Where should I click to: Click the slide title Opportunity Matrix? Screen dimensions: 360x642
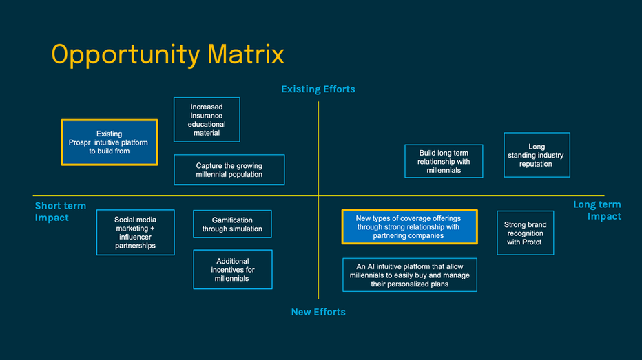pos(167,54)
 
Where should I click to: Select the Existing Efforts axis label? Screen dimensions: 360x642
pos(318,89)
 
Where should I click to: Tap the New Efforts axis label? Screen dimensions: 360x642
pos(318,312)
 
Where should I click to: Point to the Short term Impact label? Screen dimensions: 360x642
pos(61,211)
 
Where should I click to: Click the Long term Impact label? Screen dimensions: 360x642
pos(597,210)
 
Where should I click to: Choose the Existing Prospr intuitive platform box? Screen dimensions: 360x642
pos(110,142)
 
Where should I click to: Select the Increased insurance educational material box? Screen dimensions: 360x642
pos(207,120)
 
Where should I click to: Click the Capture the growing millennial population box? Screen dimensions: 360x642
pos(229,170)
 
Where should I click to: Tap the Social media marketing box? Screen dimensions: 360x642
pos(136,233)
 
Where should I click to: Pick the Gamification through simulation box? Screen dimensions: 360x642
pos(232,224)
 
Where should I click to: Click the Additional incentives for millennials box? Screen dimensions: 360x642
pos(233,270)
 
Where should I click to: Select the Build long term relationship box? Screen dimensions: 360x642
pos(444,161)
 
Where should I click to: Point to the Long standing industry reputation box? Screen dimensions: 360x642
pos(537,155)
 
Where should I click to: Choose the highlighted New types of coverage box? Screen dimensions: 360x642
pos(409,227)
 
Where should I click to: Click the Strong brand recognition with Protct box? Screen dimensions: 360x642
pos(525,233)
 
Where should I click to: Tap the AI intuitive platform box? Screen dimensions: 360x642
pos(409,275)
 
